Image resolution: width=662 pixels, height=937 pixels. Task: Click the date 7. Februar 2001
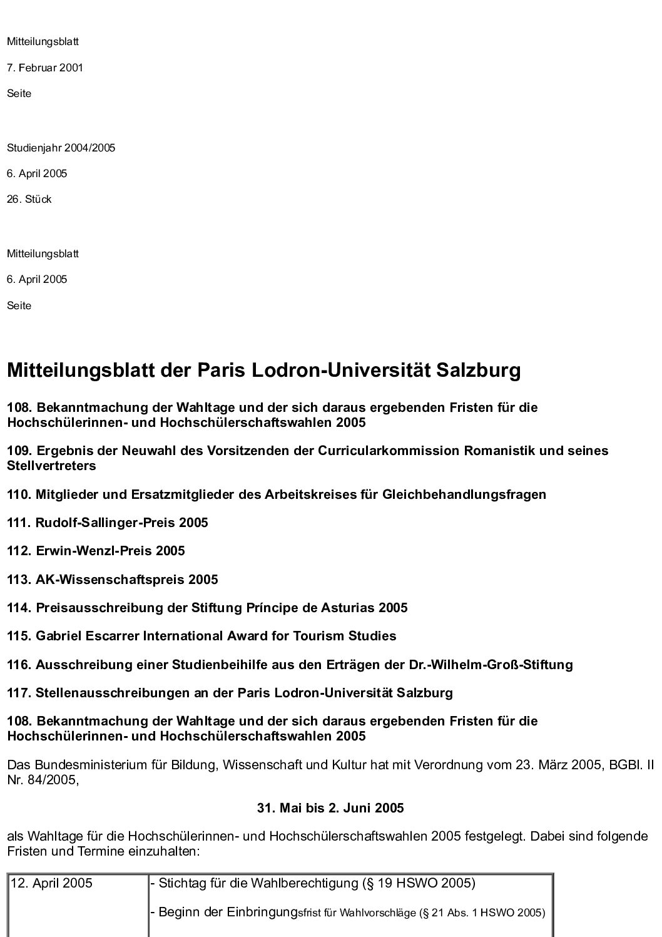[x=45, y=68]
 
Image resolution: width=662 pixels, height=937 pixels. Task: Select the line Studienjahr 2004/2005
[x=61, y=148]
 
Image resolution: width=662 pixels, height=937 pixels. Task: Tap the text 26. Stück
[x=29, y=200]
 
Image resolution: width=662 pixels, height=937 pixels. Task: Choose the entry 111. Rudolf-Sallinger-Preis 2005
[x=108, y=523]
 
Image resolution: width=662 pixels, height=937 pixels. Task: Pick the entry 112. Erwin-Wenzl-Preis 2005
[x=96, y=551]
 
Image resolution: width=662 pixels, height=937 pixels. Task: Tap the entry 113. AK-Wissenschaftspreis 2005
[x=113, y=580]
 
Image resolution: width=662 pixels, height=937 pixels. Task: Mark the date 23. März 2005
[x=536, y=765]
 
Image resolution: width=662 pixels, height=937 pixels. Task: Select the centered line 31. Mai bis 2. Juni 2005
[x=330, y=808]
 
